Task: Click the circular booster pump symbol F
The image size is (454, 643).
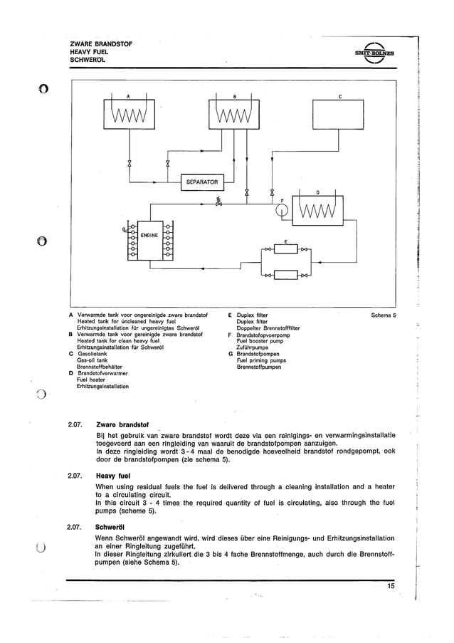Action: [x=279, y=211]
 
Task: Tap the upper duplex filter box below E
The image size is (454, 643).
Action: [x=285, y=249]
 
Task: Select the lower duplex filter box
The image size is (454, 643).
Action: [x=285, y=274]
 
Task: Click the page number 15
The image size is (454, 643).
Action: [x=391, y=586]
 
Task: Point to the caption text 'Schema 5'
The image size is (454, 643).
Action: [x=384, y=314]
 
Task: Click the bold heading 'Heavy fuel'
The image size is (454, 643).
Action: [x=115, y=476]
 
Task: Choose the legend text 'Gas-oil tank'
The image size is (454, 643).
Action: [x=92, y=360]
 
